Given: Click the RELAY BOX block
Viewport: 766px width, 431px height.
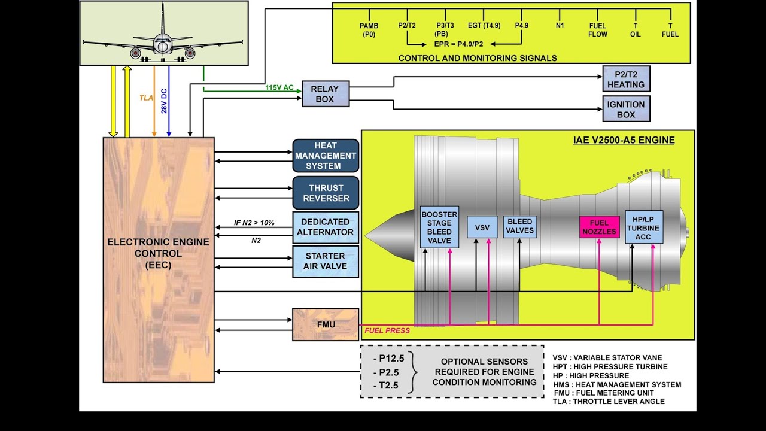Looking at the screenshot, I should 325,94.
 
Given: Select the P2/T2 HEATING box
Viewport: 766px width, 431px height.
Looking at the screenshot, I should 626,79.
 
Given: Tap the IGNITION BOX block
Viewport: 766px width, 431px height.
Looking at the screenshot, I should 626,109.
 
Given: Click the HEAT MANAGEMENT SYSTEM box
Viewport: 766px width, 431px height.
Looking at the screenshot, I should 326,156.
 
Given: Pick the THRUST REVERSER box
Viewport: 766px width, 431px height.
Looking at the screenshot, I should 326,193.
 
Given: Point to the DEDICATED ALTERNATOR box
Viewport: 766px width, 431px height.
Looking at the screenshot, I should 326,227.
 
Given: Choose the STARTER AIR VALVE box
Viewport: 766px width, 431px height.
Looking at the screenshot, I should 326,262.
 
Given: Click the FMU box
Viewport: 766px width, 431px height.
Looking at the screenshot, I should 326,325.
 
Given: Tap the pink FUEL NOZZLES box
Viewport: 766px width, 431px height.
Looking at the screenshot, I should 599,227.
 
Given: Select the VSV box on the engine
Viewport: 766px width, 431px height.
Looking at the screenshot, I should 482,227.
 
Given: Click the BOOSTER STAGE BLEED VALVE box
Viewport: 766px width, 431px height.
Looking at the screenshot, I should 439,228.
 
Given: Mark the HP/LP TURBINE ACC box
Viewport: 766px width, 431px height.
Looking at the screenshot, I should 643,227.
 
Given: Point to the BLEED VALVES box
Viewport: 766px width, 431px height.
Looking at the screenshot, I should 520,226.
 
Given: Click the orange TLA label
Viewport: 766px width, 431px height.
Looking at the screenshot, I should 146,98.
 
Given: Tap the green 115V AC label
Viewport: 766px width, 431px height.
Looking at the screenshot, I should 279,88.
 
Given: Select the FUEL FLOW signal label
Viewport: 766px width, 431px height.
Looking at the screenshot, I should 598,30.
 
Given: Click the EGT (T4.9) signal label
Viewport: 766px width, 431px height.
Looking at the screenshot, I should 484,26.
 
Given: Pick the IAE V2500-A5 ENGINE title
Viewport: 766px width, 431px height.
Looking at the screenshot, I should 624,140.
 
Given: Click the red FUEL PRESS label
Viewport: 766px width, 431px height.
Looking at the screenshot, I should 387,330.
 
